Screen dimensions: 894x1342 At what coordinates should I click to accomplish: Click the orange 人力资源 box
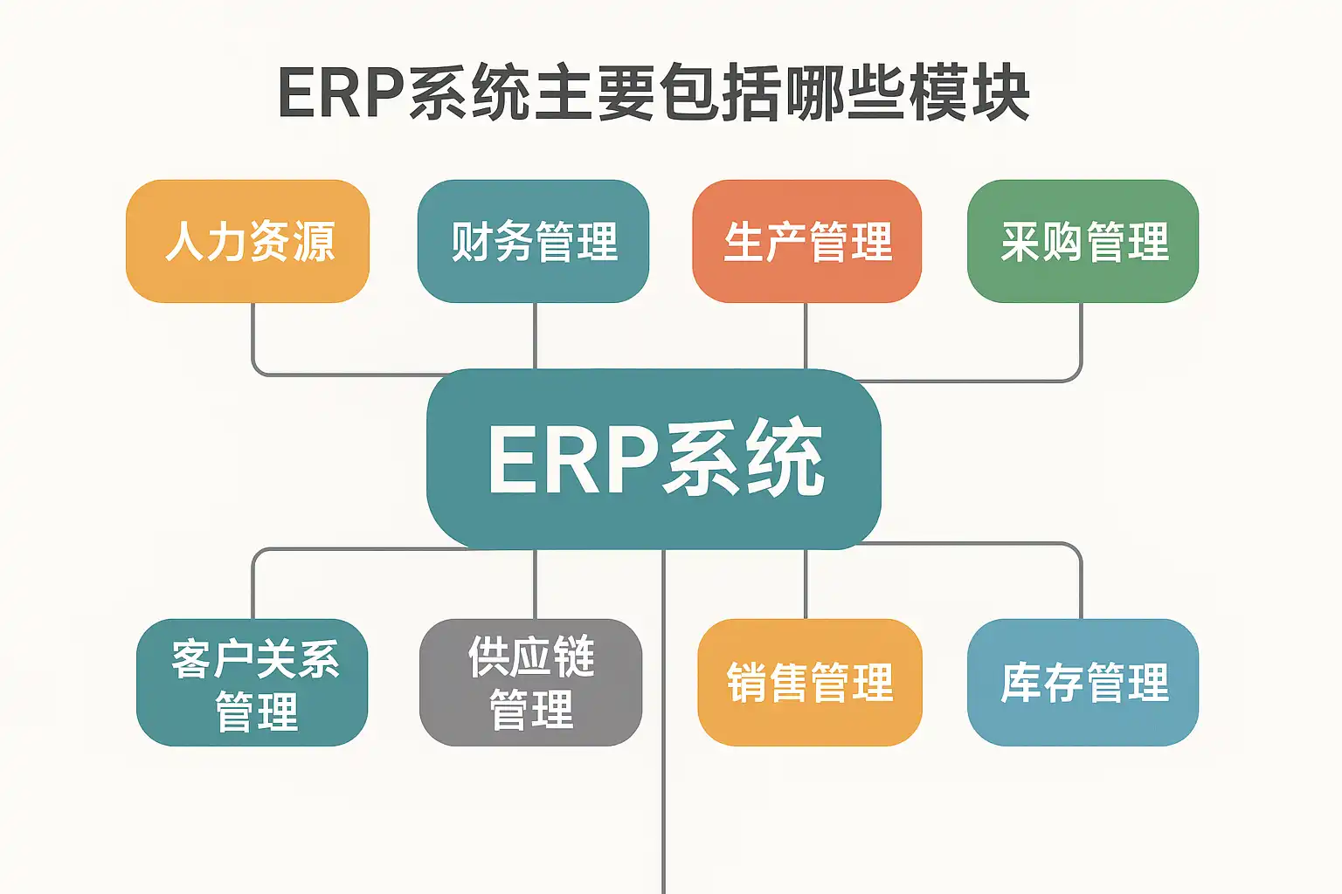pyautogui.click(x=248, y=241)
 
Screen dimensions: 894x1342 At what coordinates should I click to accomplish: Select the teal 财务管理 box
pyautogui.click(x=533, y=241)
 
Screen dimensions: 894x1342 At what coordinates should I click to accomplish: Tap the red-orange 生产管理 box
pyautogui.click(x=806, y=241)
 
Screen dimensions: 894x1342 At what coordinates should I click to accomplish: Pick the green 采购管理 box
pyautogui.click(x=1083, y=241)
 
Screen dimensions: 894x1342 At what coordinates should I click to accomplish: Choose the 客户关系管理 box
pyautogui.click(x=252, y=683)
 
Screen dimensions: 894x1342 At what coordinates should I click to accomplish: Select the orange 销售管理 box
pyautogui.click(x=809, y=683)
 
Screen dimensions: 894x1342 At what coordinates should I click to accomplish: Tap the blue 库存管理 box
pyautogui.click(x=1083, y=683)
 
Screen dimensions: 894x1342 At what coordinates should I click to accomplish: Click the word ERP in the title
pyautogui.click(x=341, y=93)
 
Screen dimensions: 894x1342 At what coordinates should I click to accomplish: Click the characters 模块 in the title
pyautogui.click(x=970, y=93)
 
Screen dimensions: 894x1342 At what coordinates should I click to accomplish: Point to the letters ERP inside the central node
pyautogui.click(x=572, y=459)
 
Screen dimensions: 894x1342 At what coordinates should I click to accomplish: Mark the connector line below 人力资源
pyautogui.click(x=253, y=340)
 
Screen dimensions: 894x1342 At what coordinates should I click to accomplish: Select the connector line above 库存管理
pyautogui.click(x=1081, y=581)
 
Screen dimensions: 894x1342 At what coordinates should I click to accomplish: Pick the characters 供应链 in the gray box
pyautogui.click(x=531, y=657)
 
